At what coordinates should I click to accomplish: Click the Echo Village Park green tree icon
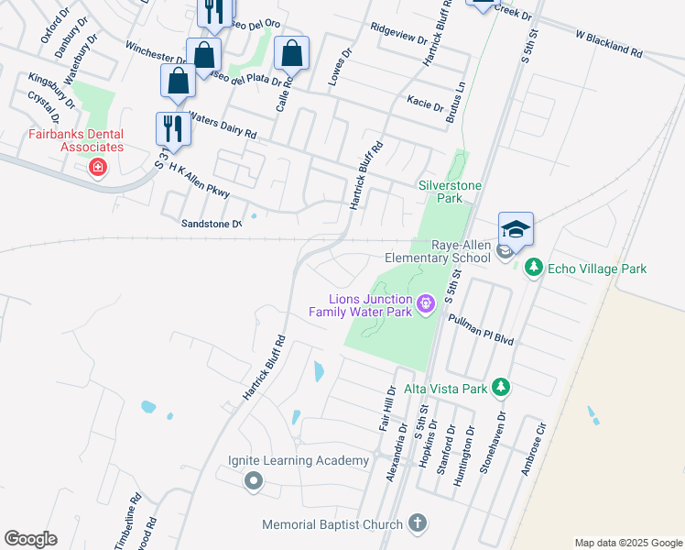click(x=535, y=269)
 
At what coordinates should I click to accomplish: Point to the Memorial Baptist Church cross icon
click(x=417, y=524)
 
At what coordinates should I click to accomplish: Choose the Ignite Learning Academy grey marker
click(x=255, y=480)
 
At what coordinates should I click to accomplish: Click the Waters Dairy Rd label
click(x=223, y=126)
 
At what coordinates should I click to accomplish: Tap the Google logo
click(x=31, y=538)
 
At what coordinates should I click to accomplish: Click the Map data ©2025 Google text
click(x=627, y=543)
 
